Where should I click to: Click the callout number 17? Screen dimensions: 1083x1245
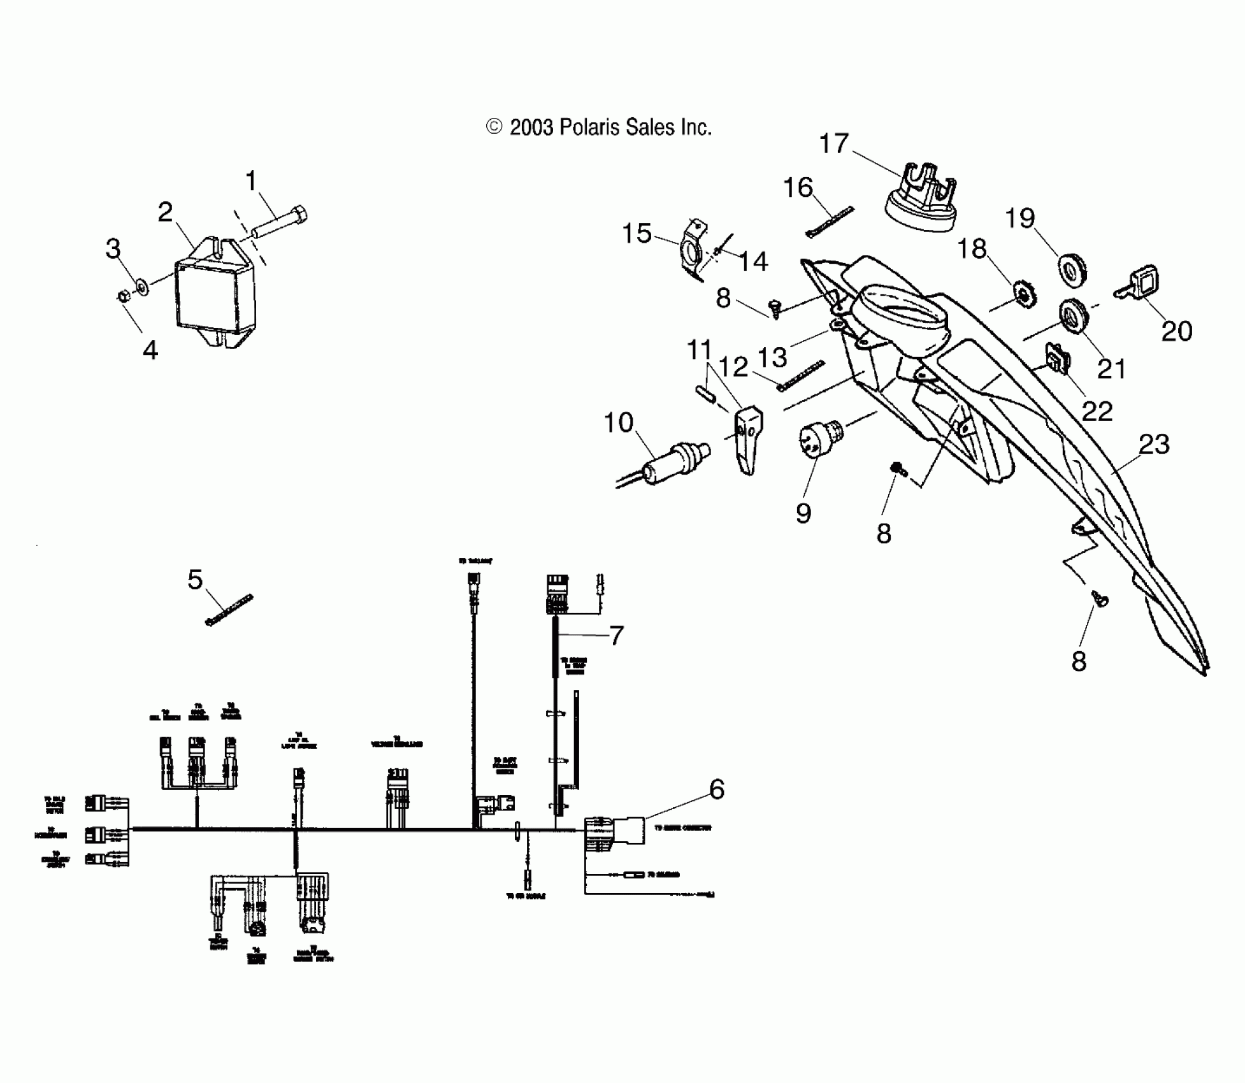click(833, 144)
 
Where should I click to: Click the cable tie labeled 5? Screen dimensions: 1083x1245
click(229, 609)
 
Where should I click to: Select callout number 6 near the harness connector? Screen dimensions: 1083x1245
click(717, 789)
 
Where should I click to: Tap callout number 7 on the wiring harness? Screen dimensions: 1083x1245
click(616, 635)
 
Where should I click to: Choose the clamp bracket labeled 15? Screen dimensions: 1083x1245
click(693, 250)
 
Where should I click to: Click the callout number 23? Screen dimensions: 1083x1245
click(1154, 444)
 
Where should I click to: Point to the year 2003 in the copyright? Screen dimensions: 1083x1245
click(531, 127)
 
